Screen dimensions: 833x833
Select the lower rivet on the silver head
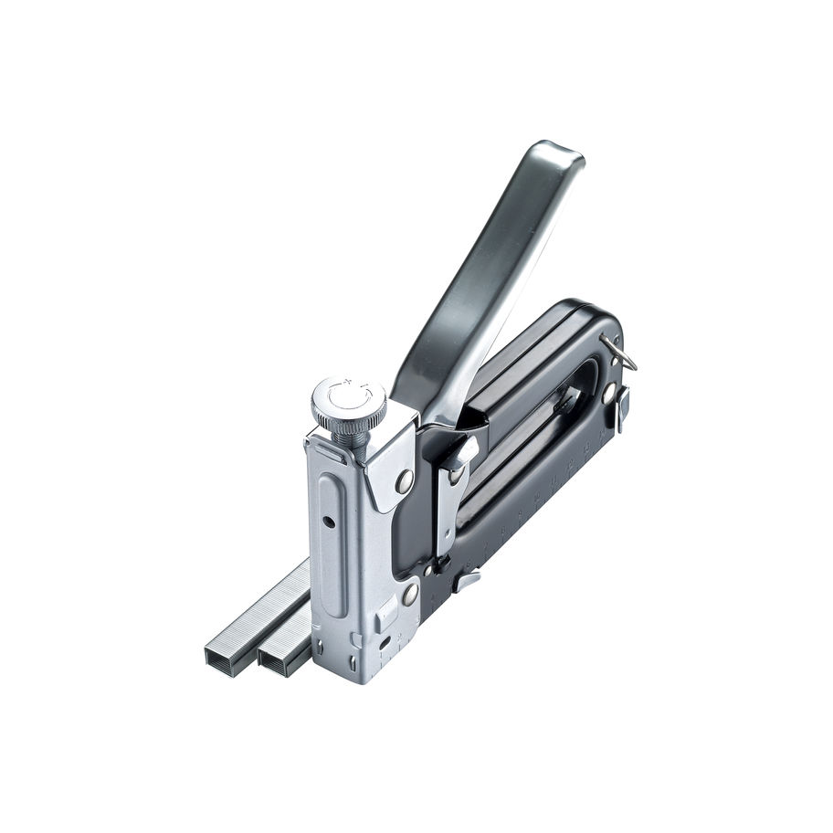coord(410,594)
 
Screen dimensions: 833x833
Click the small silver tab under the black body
coord(467,578)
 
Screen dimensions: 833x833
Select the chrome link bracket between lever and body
coord(453,493)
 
